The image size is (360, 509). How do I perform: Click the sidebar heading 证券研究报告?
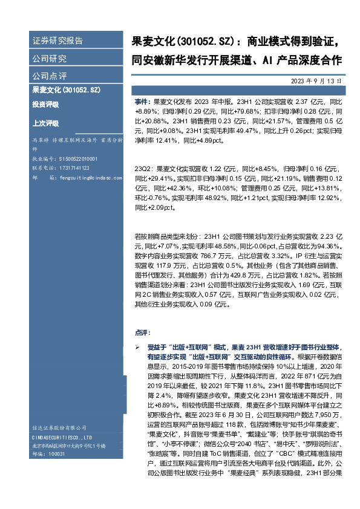coord(57,41)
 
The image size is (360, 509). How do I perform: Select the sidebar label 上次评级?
coord(45,123)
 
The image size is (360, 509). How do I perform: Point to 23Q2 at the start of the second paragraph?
coord(144,170)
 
